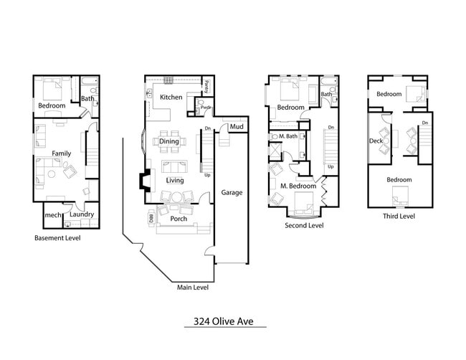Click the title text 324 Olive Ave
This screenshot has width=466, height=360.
[224, 321]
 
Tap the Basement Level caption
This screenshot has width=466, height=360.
[57, 238]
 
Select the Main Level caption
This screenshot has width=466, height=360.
[193, 288]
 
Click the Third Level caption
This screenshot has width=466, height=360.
[398, 215]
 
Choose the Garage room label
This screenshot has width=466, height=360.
[231, 192]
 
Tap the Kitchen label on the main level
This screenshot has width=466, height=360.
[171, 97]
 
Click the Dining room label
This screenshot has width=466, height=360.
[168, 142]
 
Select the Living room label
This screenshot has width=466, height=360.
[174, 180]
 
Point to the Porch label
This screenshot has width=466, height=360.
[179, 219]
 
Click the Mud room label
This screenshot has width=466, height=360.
[235, 127]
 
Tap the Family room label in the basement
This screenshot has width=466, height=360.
[61, 153]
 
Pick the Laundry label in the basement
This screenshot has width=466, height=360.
[82, 214]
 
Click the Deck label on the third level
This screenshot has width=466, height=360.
[376, 141]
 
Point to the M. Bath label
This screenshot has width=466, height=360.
[288, 136]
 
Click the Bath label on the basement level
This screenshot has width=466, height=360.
[87, 99]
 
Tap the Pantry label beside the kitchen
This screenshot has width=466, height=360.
[206, 87]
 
